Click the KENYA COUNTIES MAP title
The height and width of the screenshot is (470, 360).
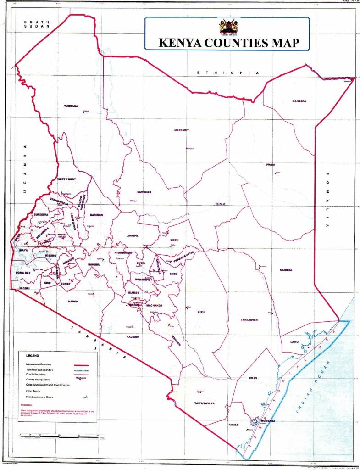(228, 43)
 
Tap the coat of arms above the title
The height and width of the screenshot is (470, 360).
(226, 27)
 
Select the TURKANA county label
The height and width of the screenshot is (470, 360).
(71, 106)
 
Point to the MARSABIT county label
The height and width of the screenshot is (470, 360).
(182, 130)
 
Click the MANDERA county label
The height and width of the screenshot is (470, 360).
(299, 101)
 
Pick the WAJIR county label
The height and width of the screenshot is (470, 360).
(270, 165)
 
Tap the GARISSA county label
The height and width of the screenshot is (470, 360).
(286, 270)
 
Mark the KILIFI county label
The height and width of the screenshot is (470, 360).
(253, 378)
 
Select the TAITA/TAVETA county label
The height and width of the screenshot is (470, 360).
(201, 403)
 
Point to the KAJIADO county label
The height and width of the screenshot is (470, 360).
(132, 336)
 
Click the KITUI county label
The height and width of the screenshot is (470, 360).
(201, 312)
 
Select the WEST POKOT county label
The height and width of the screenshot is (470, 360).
(66, 179)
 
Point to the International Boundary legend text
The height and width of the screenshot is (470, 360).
(41, 364)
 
